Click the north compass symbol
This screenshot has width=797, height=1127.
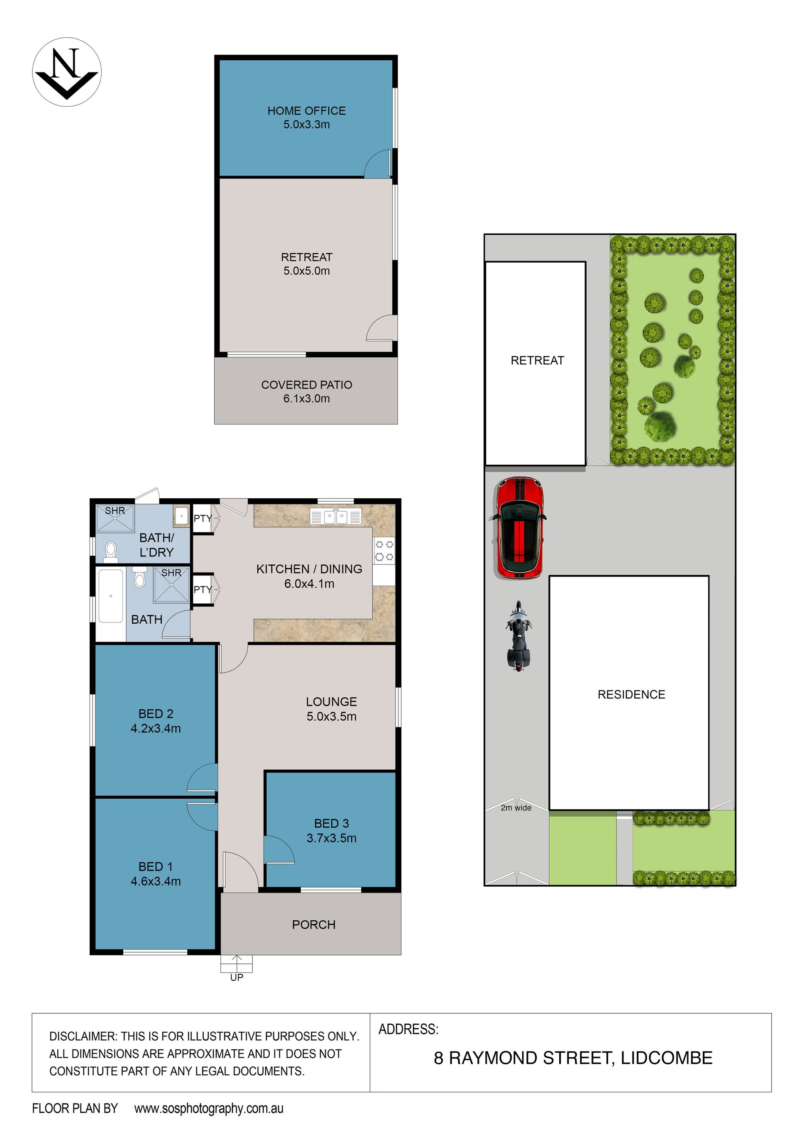67,72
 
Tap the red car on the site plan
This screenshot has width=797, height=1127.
518,528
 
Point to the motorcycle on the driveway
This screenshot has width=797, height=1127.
518,637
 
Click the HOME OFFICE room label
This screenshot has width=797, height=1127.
306,111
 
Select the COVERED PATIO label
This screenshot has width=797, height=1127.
306,385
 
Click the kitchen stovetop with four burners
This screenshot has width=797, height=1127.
384,550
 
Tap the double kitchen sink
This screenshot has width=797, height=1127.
336,516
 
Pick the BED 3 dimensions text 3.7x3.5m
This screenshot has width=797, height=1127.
332,838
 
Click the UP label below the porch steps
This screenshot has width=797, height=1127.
237,977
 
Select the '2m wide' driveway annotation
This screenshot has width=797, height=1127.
516,808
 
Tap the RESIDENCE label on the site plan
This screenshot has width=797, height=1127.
631,695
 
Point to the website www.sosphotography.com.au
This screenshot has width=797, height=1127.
209,1108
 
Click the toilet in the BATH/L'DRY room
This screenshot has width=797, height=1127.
111,552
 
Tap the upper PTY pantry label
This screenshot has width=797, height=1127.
202,518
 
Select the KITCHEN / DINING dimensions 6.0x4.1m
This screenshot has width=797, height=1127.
309,583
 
